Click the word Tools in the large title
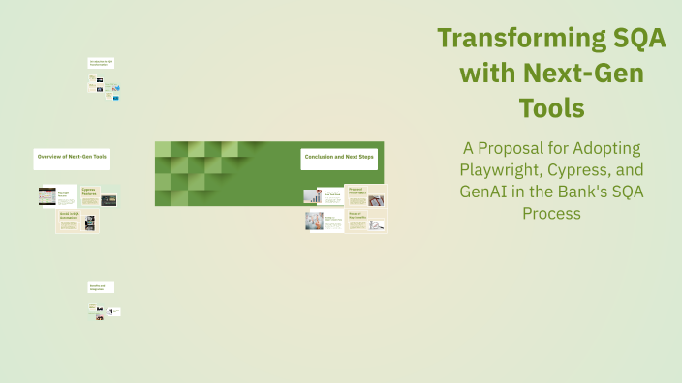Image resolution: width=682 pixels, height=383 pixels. click(550, 107)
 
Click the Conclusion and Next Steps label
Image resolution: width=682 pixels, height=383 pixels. click(338, 157)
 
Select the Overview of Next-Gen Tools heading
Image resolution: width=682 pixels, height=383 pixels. click(72, 157)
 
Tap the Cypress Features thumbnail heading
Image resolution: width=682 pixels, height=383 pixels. click(89, 192)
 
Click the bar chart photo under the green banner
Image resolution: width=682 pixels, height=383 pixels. click(313, 196)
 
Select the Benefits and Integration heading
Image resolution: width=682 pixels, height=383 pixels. click(101, 287)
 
